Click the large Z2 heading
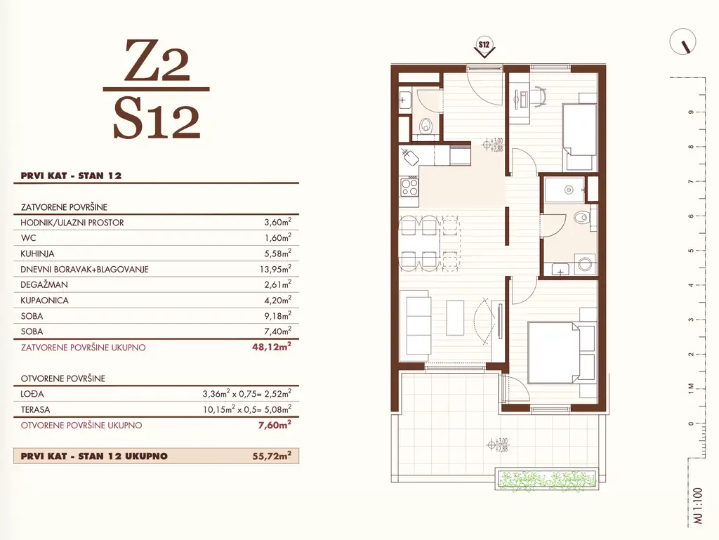tap(157, 60)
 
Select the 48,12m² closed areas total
tap(272, 347)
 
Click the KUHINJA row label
tap(37, 253)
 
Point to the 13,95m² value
tap(275, 269)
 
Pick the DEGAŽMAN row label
tap(44, 284)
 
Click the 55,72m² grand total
tap(272, 456)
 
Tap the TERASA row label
tap(35, 409)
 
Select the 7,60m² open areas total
tap(275, 425)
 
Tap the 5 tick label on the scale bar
tap(691, 251)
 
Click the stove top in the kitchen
tap(409, 187)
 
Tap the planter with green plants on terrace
tap(546, 480)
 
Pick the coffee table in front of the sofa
tap(455, 319)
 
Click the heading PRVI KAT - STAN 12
tap(71, 176)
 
